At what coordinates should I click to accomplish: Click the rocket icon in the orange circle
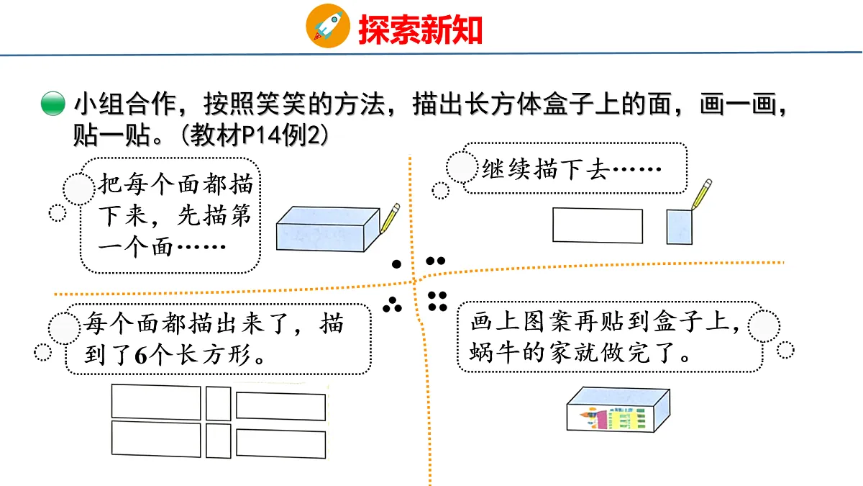click(328, 25)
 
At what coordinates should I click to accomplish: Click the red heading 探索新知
click(420, 30)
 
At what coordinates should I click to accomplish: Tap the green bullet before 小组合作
click(52, 104)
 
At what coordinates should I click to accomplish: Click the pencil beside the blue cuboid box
click(390, 218)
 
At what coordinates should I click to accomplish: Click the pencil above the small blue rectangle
click(701, 194)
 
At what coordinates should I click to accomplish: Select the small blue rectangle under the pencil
click(679, 227)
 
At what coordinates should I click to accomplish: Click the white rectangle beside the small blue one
click(598, 225)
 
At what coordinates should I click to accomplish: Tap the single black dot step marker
click(396, 264)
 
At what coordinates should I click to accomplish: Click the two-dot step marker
click(436, 261)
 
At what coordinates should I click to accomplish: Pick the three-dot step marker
click(392, 305)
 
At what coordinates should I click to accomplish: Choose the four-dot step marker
click(437, 301)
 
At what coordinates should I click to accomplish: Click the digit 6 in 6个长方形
click(141, 355)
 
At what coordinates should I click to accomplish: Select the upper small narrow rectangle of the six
click(219, 403)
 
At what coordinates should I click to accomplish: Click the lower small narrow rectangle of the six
click(219, 441)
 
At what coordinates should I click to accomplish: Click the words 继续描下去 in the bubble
click(547, 169)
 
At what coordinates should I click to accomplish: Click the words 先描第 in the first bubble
click(214, 215)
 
